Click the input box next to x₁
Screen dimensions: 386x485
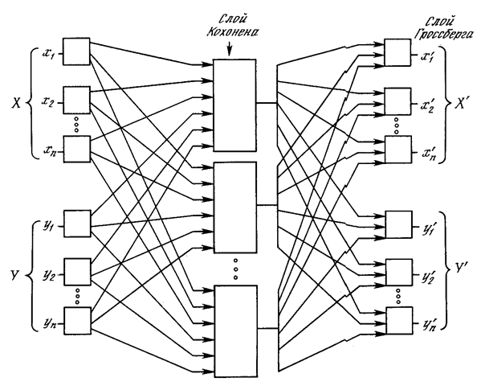pyautogui.click(x=76, y=52)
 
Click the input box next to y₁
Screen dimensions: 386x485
pyautogui.click(x=76, y=223)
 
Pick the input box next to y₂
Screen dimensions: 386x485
pyautogui.click(x=76, y=271)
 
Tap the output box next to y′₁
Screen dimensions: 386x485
pyautogui.click(x=397, y=223)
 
